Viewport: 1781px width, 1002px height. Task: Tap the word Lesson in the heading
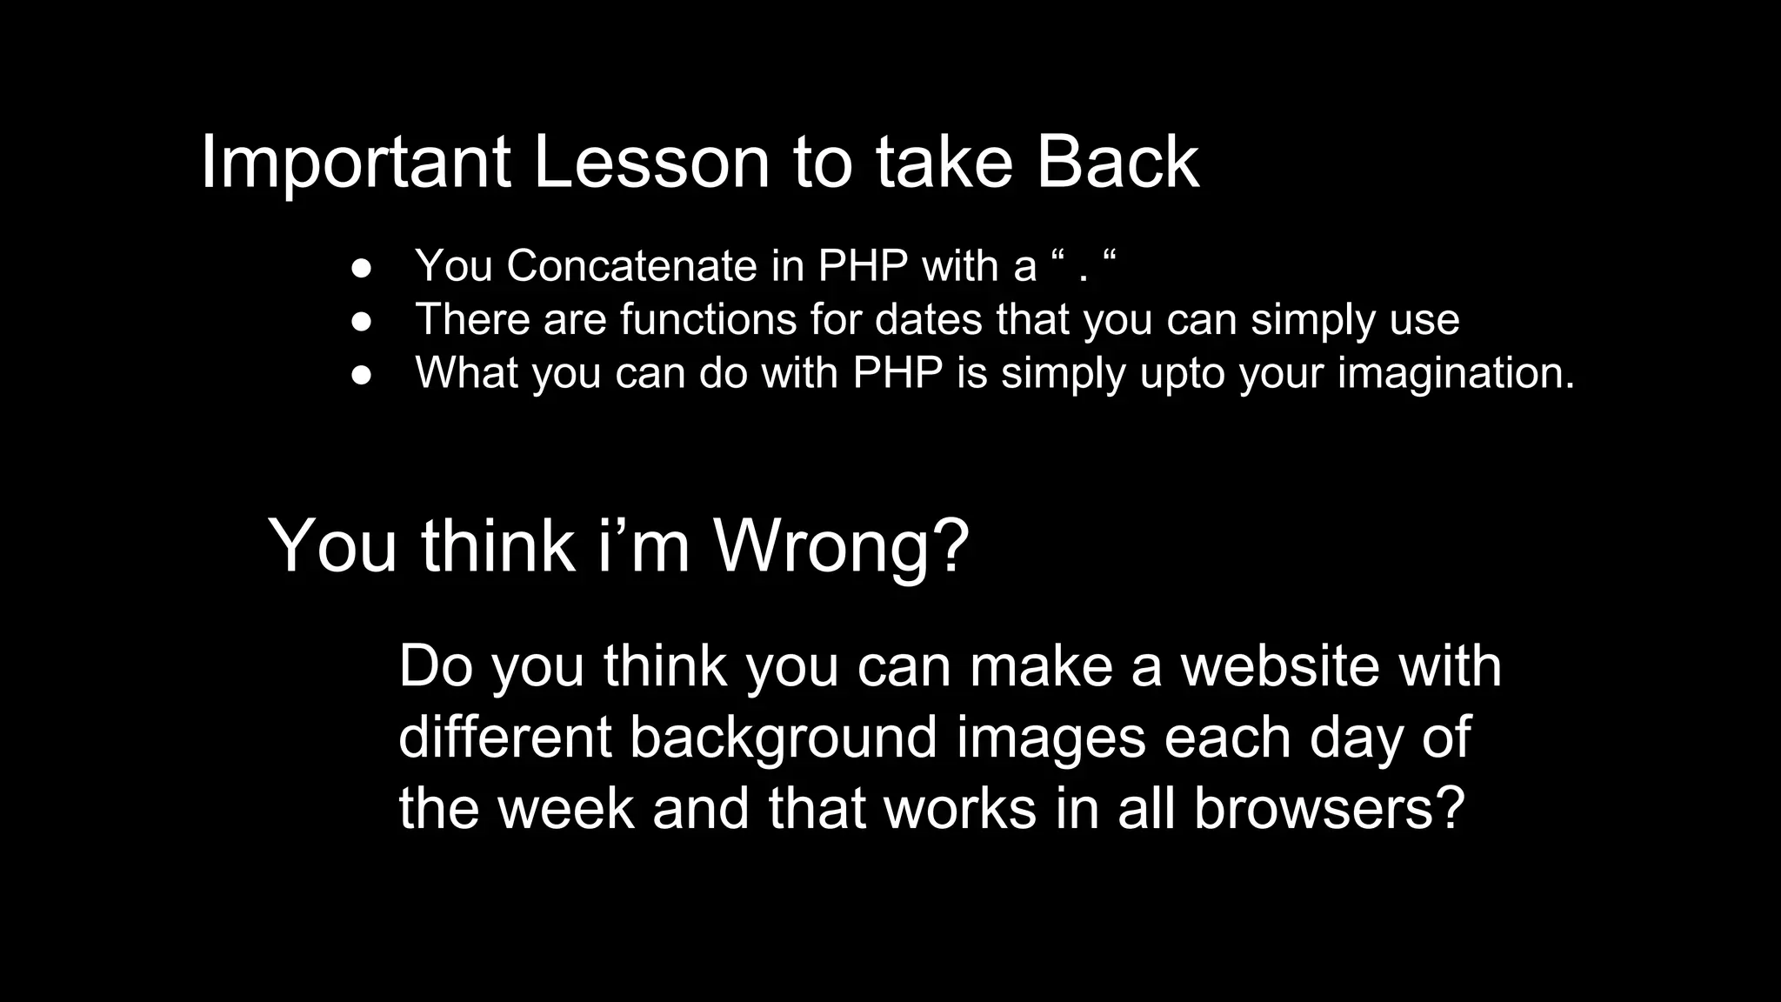coord(651,163)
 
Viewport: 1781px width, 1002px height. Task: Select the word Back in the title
coord(1117,163)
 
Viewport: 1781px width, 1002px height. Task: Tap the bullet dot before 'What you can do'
coord(362,375)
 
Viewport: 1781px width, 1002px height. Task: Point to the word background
coord(783,738)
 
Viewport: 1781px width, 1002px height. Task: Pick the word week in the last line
coord(566,808)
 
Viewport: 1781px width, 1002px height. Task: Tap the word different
coord(505,737)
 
